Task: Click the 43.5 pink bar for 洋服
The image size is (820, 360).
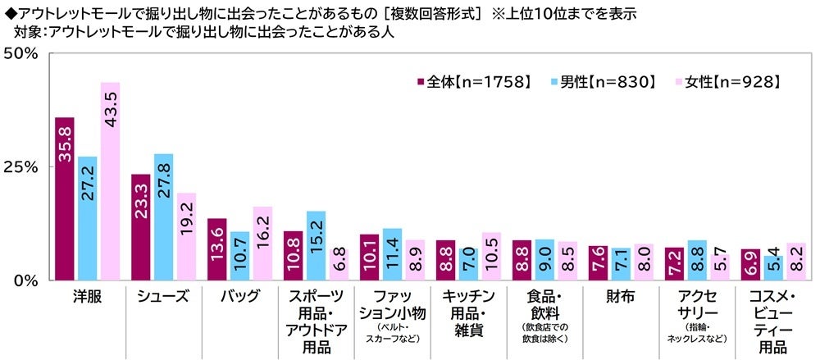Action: point(110,181)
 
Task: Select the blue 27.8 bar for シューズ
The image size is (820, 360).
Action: point(163,217)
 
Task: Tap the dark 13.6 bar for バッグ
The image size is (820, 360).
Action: point(216,249)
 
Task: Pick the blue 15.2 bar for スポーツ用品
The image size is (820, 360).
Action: point(316,246)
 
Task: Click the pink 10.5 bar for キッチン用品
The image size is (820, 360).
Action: point(491,257)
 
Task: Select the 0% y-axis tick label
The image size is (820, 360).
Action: point(25,280)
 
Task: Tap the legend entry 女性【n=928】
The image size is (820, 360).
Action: point(723,81)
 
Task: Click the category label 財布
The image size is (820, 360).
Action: point(621,297)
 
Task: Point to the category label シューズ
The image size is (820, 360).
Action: point(164,297)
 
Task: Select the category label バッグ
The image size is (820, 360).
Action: point(239,297)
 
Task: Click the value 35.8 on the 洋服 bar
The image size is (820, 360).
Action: point(65,143)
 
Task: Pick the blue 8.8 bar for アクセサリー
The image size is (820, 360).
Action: point(696,261)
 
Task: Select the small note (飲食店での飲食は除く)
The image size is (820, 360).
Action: point(545,333)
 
